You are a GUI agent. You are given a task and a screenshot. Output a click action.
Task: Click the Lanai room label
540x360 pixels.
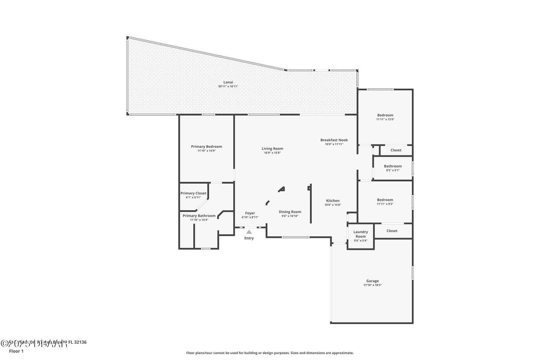[x=228, y=82]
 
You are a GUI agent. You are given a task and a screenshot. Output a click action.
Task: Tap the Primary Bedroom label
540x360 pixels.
[x=206, y=147]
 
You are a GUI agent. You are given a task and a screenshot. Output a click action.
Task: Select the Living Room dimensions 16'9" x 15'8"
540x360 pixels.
[x=272, y=153]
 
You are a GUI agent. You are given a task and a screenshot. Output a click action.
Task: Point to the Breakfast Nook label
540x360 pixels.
[x=334, y=140]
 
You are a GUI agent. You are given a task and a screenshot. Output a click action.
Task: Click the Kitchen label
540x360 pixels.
[x=332, y=201]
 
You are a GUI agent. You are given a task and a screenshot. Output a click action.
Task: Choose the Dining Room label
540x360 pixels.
[x=290, y=212]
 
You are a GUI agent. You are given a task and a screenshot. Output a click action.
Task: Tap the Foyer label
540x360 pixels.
[x=250, y=213]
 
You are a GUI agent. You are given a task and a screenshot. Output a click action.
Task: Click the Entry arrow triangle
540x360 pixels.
[x=249, y=231]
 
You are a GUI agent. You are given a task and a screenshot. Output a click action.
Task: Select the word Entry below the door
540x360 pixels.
[x=249, y=238]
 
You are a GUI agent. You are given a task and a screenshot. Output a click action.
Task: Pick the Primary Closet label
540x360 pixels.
[x=194, y=193]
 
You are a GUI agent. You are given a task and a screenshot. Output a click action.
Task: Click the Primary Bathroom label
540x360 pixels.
[x=199, y=216]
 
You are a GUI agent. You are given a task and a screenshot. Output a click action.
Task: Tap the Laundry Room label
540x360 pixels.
[x=360, y=234]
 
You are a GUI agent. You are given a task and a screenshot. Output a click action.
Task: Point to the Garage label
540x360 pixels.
[x=372, y=281]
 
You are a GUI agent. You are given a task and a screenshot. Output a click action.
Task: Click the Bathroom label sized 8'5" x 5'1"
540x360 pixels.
[x=393, y=166]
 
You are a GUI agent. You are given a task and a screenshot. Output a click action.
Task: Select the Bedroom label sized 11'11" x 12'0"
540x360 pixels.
[x=385, y=115]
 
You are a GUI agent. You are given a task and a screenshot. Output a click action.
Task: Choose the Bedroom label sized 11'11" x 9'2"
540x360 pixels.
[x=385, y=200]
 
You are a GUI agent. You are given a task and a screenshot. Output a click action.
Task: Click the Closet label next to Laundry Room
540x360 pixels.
[x=392, y=231]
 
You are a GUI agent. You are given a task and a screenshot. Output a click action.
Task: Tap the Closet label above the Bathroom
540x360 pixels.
[x=396, y=150]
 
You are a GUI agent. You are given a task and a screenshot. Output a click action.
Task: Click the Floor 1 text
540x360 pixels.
[x=16, y=351]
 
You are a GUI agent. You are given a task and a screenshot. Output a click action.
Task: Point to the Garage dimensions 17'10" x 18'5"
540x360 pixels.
[x=372, y=285]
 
